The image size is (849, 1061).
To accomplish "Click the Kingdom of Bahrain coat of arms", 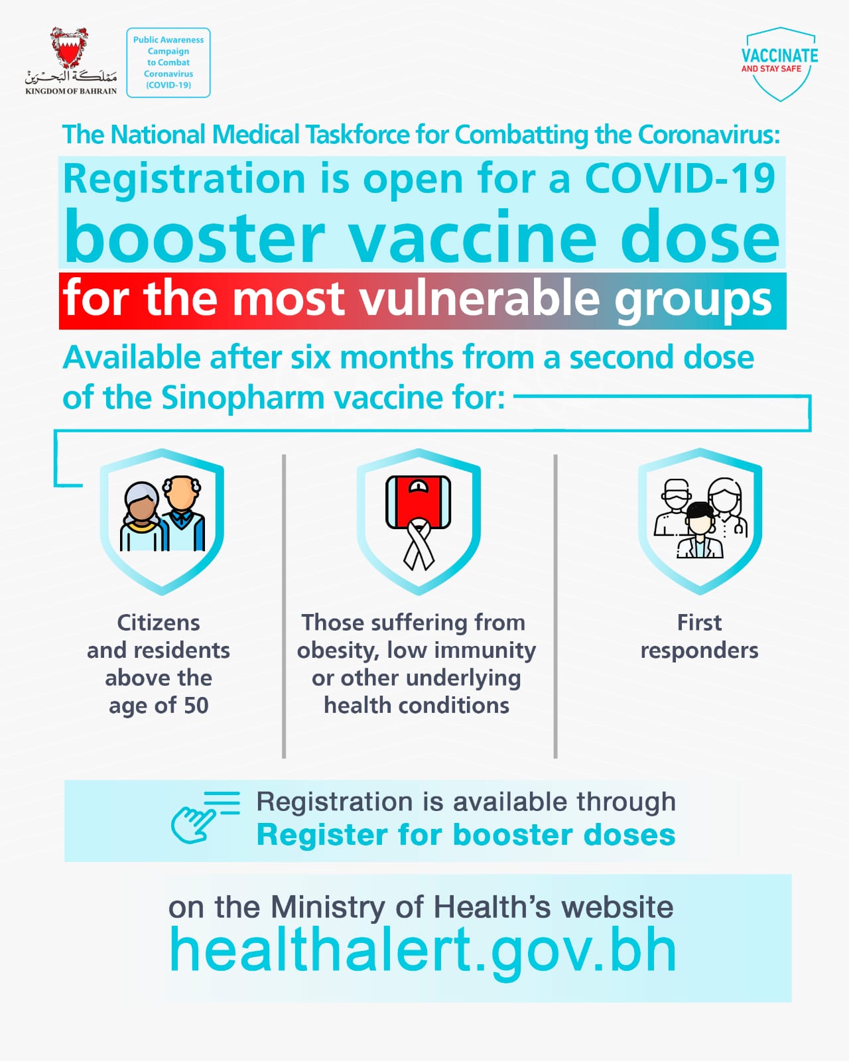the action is pyautogui.click(x=70, y=47).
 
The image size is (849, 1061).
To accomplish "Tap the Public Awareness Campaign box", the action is pyautogui.click(x=168, y=62).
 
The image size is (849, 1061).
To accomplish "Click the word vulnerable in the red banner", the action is pyautogui.click(x=483, y=298).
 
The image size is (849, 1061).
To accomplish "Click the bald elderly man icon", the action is pyautogui.click(x=182, y=513).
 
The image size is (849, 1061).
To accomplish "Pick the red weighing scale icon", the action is pyautogui.click(x=419, y=502).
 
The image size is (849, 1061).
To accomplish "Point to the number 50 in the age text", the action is pyautogui.click(x=196, y=706).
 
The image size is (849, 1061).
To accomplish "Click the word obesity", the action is pyautogui.click(x=338, y=651).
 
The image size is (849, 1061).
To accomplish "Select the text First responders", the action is pyautogui.click(x=700, y=637).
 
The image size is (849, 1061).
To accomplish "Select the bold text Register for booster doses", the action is pyautogui.click(x=466, y=835).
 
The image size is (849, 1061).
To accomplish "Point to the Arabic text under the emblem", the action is pyautogui.click(x=71, y=76).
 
